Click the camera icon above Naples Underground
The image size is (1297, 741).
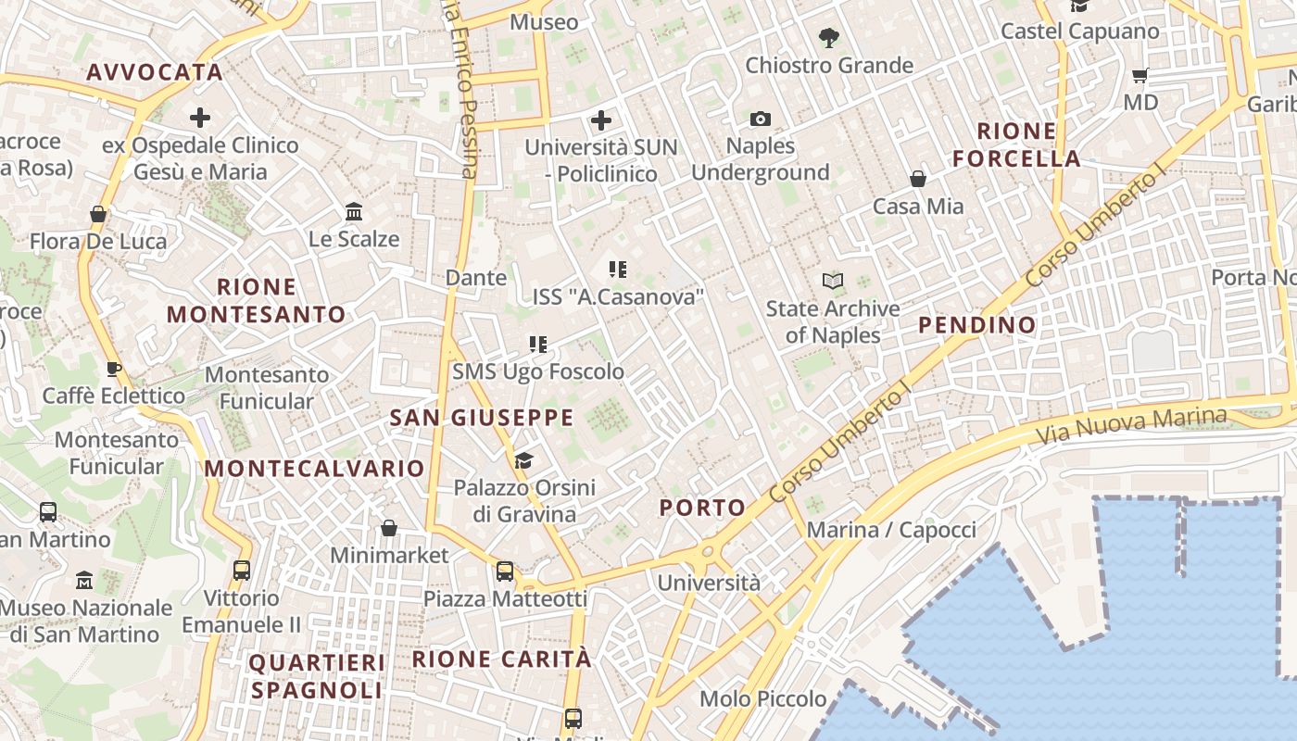click(760, 119)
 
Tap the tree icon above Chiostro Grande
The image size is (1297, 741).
click(829, 38)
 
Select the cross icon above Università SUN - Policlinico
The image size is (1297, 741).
click(601, 119)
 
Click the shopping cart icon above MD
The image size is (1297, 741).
click(1140, 75)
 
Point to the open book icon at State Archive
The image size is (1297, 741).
click(833, 281)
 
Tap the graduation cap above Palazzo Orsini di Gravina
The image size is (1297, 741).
click(523, 460)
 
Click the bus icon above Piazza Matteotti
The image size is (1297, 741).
click(505, 571)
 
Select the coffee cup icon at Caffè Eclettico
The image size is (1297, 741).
click(113, 369)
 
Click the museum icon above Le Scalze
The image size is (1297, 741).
click(354, 212)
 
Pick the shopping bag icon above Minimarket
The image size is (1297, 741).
click(389, 528)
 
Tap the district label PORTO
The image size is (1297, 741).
click(702, 507)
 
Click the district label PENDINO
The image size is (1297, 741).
click(976, 325)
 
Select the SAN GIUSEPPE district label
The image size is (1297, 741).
click(482, 418)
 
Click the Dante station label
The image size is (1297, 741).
click(476, 277)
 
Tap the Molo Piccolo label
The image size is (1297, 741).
click(763, 698)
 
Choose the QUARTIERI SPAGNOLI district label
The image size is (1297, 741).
click(316, 676)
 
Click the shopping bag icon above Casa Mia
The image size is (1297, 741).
click(918, 179)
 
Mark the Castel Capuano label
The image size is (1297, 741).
click(1079, 31)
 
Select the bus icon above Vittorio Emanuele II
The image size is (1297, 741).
click(242, 571)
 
